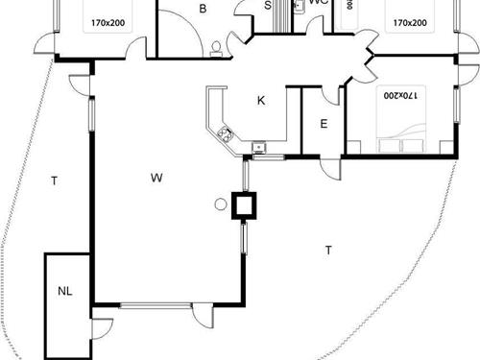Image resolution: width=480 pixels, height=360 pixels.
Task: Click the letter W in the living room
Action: (156, 177)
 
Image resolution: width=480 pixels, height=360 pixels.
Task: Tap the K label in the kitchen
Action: (260, 100)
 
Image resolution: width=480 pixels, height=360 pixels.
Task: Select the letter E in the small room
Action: (324, 123)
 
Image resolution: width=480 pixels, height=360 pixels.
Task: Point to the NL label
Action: (64, 290)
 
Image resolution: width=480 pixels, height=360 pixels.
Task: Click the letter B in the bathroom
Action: (203, 9)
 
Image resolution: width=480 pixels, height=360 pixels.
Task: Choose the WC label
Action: (320, 3)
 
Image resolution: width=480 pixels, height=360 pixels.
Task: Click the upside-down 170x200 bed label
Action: (401, 95)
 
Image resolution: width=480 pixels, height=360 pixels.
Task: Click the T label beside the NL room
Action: (55, 180)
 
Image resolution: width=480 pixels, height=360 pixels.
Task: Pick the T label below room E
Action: (328, 251)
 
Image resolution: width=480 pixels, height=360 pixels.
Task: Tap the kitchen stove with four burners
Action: (226, 134)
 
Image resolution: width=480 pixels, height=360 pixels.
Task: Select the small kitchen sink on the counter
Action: (257, 147)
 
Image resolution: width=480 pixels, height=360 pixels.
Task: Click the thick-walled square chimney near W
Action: (244, 204)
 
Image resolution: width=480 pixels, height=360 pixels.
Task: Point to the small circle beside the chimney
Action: (220, 204)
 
